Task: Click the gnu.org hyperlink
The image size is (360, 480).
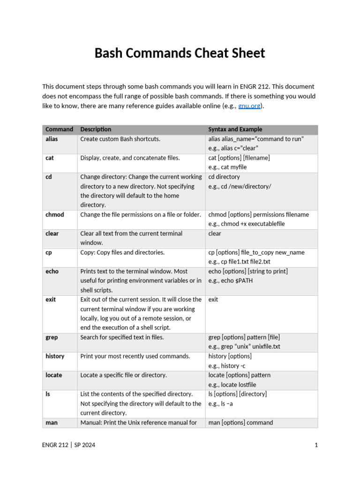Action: point(249,106)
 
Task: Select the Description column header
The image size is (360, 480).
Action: point(96,129)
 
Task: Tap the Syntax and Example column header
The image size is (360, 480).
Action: point(235,129)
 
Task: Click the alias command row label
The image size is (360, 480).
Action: point(52,139)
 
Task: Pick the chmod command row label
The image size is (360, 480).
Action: point(55,215)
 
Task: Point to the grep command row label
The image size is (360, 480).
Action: point(52,337)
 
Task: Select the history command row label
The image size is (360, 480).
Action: point(55,356)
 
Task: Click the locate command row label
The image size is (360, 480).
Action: point(54,375)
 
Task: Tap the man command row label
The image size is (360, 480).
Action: point(52,423)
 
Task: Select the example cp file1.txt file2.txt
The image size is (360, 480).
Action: point(246,262)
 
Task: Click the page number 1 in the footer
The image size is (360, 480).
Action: point(316,445)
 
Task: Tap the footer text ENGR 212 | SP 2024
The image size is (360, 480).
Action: point(68,445)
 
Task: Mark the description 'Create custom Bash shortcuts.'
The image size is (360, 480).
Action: point(120,139)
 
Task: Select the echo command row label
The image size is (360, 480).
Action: point(52,271)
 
